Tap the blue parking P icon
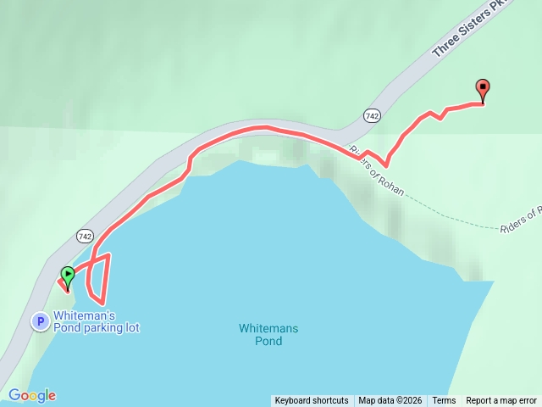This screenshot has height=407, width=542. pyautogui.click(x=39, y=321)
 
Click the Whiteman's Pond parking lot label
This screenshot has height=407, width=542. pyautogui.click(x=96, y=321)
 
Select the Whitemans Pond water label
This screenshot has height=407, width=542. pyautogui.click(x=268, y=334)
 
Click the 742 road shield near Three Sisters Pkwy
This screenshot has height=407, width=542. pyautogui.click(x=371, y=114)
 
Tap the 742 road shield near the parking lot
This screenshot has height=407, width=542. pyautogui.click(x=84, y=235)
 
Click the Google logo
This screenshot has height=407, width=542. pyautogui.click(x=32, y=395)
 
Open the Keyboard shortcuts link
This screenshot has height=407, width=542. pyautogui.click(x=311, y=401)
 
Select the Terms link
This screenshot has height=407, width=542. pyautogui.click(x=444, y=401)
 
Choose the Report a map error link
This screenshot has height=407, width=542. pyautogui.click(x=503, y=401)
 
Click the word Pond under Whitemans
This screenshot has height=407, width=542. pyautogui.click(x=268, y=341)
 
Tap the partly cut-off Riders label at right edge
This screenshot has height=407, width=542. pyautogui.click(x=520, y=220)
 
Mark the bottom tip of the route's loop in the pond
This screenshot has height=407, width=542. pyautogui.click(x=102, y=303)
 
